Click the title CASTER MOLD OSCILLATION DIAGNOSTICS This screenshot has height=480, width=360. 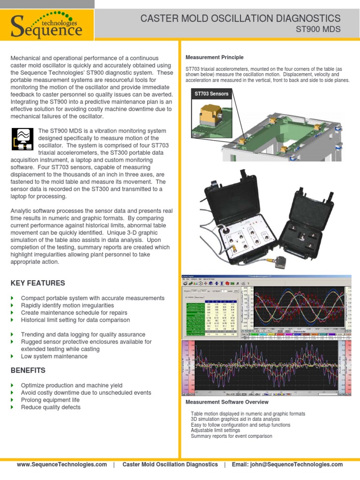[x=240, y=18]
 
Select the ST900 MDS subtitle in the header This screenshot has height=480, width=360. [x=318, y=30]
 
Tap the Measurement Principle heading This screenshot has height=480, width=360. [x=215, y=58]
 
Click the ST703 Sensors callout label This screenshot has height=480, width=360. [x=211, y=94]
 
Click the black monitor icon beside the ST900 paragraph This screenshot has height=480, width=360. [x=22, y=139]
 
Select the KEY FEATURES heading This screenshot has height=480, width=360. [x=37, y=283]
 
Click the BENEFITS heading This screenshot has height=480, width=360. [x=28, y=370]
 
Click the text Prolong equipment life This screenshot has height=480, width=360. [x=50, y=400]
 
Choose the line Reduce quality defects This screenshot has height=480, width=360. [x=51, y=407]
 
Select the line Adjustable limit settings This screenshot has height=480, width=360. [x=215, y=430]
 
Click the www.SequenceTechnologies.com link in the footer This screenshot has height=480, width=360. [x=62, y=465]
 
